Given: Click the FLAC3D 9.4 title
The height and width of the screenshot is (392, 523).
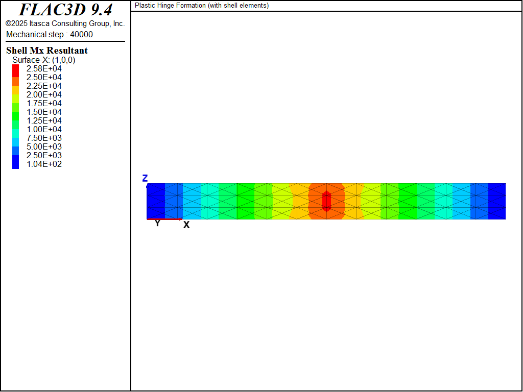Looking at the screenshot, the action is pyautogui.click(x=65, y=10).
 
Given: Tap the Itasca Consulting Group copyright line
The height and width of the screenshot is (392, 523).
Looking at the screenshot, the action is pyautogui.click(x=65, y=23).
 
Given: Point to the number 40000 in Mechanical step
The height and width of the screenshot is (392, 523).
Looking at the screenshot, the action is pyautogui.click(x=81, y=34).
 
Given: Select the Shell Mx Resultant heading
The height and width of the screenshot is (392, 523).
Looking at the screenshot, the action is pyautogui.click(x=46, y=51).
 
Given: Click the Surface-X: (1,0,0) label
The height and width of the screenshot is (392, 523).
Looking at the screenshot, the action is pyautogui.click(x=44, y=60).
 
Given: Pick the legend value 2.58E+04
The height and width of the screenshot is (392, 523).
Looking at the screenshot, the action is pyautogui.click(x=44, y=69).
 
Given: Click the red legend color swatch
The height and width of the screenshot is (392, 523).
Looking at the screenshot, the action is pyautogui.click(x=16, y=70).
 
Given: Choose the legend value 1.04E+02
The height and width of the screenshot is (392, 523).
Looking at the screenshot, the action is pyautogui.click(x=44, y=164).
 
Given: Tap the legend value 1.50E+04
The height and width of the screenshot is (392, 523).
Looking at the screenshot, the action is pyautogui.click(x=44, y=112).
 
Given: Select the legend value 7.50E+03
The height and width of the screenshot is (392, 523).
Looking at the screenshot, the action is pyautogui.click(x=44, y=138).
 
